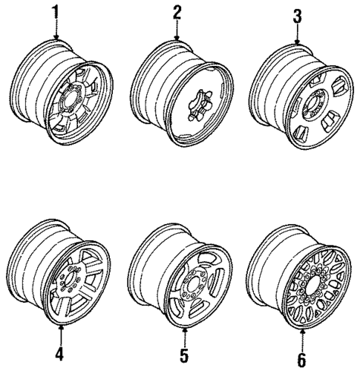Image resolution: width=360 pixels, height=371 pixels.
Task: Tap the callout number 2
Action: (177, 13)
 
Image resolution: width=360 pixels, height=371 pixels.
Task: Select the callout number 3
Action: (297, 16)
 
